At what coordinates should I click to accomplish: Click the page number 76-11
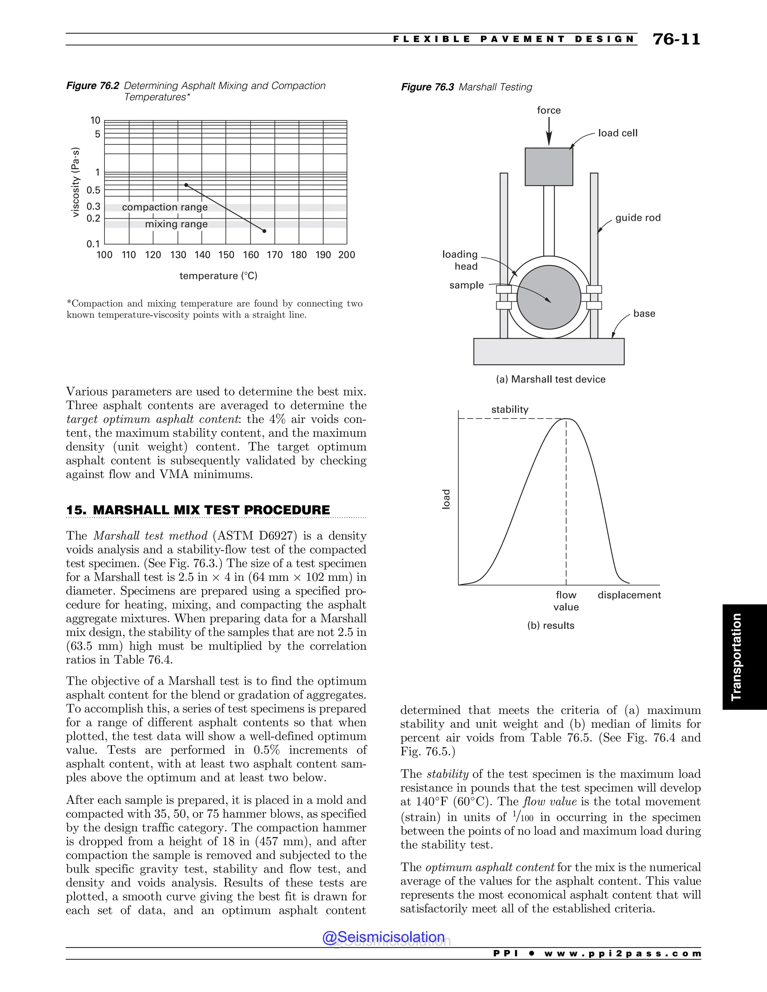[676, 40]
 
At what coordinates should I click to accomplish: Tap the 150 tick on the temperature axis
[226, 255]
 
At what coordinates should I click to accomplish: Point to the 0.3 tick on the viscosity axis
[94, 207]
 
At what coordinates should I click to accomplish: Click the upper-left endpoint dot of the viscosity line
[186, 185]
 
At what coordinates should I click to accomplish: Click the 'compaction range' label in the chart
[164, 207]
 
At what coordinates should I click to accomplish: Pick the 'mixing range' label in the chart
[176, 224]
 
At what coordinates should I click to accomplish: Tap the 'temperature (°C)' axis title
[218, 276]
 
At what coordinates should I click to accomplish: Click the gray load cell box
[548, 167]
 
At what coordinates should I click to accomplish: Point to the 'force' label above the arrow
[548, 110]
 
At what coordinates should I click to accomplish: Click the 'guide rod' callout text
[637, 217]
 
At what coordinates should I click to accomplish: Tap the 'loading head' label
[460, 260]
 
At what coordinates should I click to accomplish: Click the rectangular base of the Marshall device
[548, 352]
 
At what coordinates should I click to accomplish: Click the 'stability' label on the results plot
[509, 409]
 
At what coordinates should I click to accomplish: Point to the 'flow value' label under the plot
[566, 600]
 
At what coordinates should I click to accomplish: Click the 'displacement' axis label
[629, 595]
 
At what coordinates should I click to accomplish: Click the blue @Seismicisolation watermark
[383, 937]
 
